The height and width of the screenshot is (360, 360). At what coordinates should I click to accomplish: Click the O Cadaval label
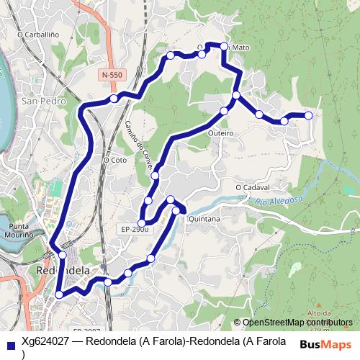(x=252, y=188)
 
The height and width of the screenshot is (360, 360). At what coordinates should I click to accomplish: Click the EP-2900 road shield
(x=134, y=230)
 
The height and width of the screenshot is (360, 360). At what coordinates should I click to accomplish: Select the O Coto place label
(x=114, y=160)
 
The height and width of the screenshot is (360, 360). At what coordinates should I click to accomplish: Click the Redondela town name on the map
(x=63, y=270)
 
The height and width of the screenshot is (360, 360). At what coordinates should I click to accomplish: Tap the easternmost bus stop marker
(x=308, y=115)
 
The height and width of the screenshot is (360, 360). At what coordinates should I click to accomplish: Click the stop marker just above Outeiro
(x=223, y=111)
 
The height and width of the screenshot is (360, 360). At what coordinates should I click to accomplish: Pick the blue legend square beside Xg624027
(x=9, y=343)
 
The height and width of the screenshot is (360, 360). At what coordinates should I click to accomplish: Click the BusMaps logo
(x=325, y=343)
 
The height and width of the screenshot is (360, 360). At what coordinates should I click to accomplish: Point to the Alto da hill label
(x=318, y=312)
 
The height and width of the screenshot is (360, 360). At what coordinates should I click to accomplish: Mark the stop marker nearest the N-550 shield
(x=114, y=98)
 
